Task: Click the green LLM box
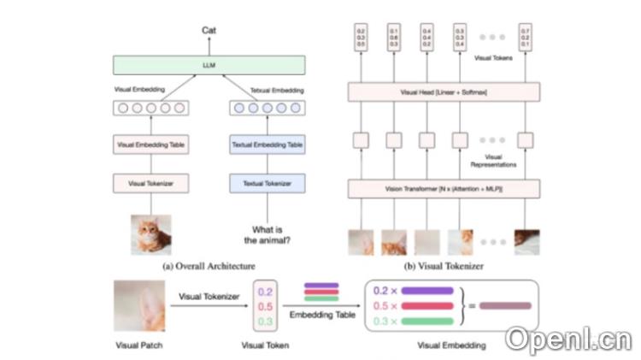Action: pos(209,65)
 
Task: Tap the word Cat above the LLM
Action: pos(209,30)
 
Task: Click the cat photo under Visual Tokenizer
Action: pos(150,234)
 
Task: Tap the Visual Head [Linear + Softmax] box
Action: pos(444,91)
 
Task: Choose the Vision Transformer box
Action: pos(444,186)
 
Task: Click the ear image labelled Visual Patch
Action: pos(139,306)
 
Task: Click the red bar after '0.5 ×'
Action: pos(426,306)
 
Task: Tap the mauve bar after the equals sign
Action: pos(505,305)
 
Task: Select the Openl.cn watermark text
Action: pos(567,339)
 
